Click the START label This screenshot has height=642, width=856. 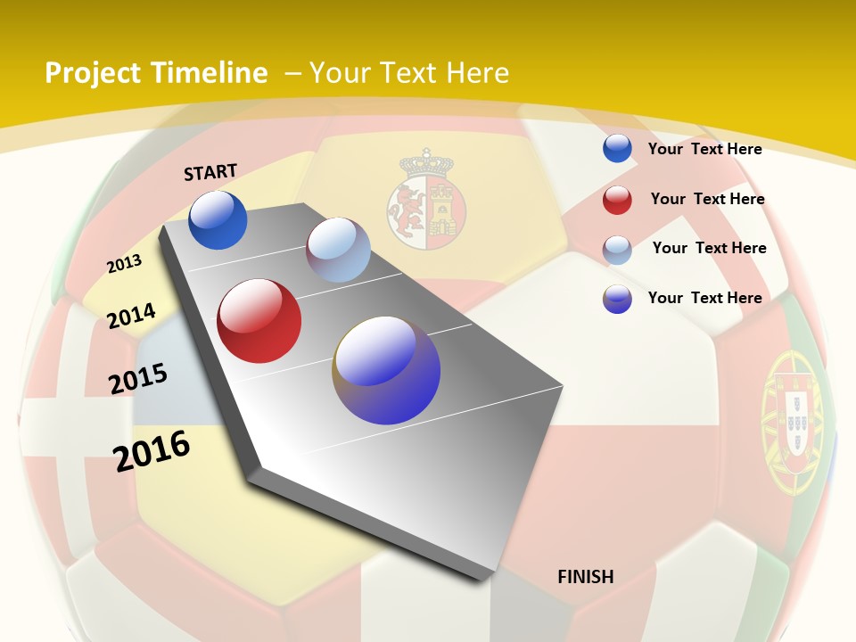click(210, 171)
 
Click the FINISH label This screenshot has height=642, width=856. click(586, 577)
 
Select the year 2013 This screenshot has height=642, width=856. click(124, 263)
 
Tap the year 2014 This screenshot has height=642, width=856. click(131, 316)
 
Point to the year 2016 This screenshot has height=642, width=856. click(152, 450)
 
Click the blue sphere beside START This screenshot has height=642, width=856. click(218, 220)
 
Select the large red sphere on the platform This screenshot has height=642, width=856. click(259, 321)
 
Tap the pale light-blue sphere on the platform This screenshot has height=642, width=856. click(338, 250)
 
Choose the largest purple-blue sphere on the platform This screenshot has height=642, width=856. click(387, 370)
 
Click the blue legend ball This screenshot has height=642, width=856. click(617, 149)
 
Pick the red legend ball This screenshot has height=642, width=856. click(617, 200)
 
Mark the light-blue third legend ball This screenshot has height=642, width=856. click(617, 250)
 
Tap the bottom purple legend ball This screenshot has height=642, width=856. click(617, 299)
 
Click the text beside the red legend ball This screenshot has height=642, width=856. click(707, 199)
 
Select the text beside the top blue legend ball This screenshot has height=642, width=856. click(704, 149)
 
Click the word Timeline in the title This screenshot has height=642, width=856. click(210, 73)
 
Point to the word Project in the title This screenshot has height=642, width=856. click(94, 73)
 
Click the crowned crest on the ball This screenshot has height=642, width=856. click(426, 201)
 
